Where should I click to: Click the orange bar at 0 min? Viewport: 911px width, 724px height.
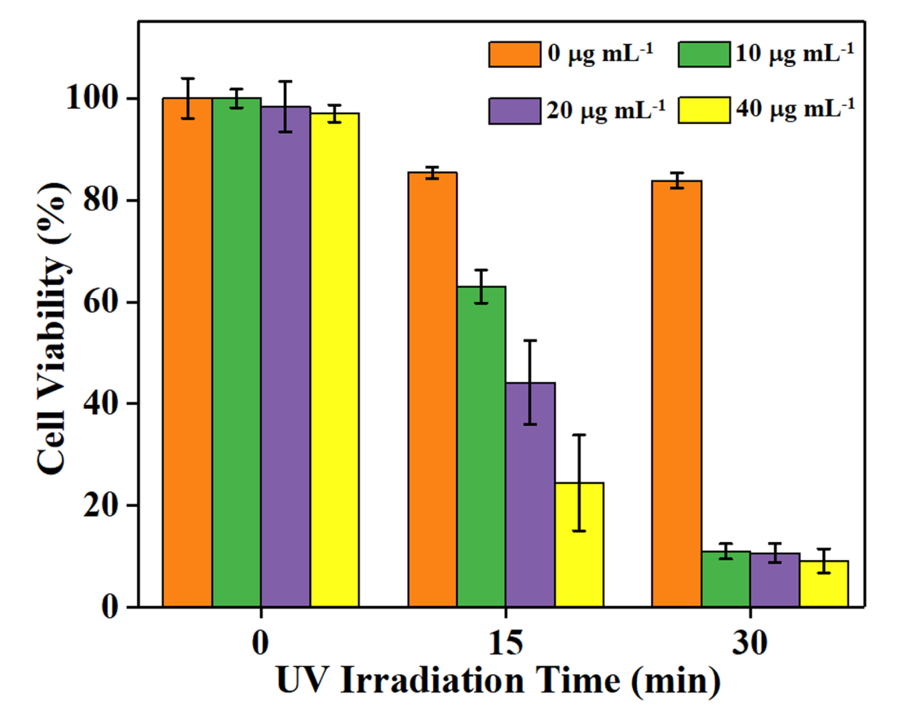coord(188,352)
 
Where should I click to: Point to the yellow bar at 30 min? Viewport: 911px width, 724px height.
coord(824,584)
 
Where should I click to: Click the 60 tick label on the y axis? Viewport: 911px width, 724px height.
coord(113,303)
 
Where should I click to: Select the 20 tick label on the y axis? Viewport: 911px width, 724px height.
coord(113,506)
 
